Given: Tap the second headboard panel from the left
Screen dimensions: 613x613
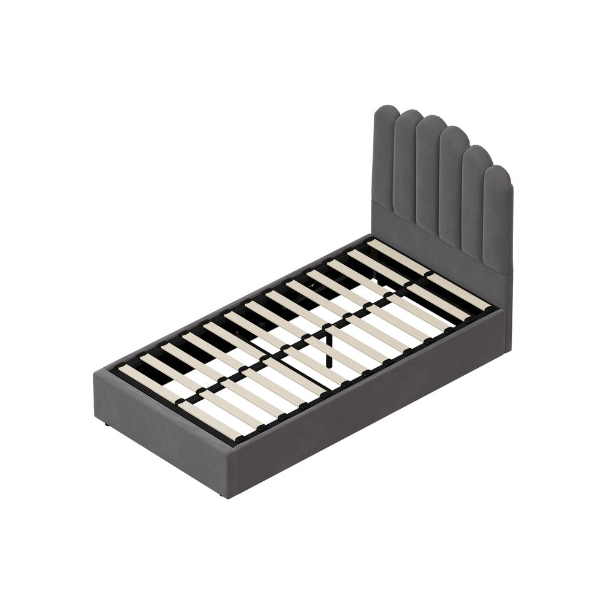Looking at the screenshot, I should [x=406, y=166].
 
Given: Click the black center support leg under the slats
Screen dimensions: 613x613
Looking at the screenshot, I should [x=330, y=349].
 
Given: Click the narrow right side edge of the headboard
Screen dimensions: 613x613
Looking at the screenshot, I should [x=508, y=306].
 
